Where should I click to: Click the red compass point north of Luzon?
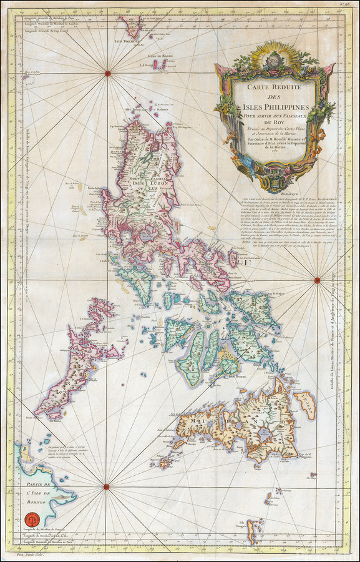[107, 74]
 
